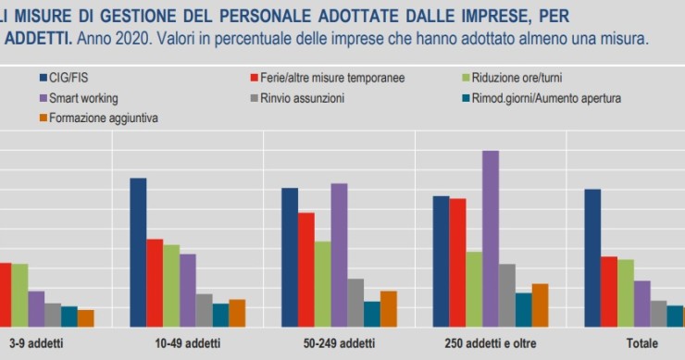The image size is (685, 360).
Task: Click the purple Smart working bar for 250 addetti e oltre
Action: click(x=491, y=239)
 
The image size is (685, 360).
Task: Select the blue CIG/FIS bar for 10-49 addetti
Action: click(x=138, y=252)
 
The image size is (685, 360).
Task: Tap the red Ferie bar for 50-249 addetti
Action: click(x=305, y=269)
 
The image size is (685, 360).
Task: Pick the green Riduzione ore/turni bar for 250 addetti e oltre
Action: click(x=474, y=289)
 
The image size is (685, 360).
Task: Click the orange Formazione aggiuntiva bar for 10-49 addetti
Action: click(x=237, y=313)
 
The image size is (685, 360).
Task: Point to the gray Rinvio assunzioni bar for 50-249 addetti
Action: click(x=355, y=303)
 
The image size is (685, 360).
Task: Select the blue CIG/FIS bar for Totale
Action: click(x=592, y=257)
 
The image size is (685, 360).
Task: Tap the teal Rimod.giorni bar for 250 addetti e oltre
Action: click(x=524, y=309)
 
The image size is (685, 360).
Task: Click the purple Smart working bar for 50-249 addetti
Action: click(x=339, y=254)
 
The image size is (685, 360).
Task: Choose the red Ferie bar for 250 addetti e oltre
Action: click(x=457, y=262)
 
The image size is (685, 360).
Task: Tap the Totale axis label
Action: click(x=641, y=343)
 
